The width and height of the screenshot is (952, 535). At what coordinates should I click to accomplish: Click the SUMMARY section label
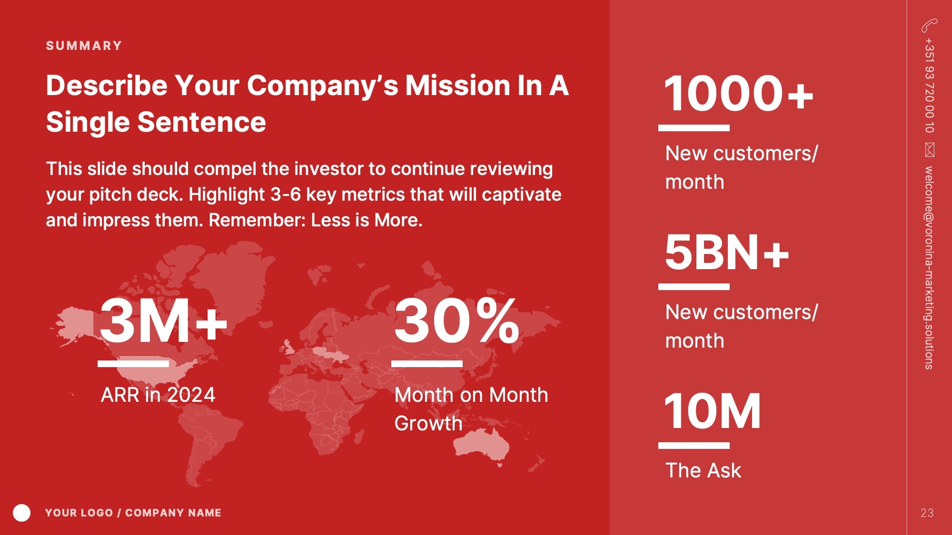tap(84, 46)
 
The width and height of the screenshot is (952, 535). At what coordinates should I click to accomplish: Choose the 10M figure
tap(713, 411)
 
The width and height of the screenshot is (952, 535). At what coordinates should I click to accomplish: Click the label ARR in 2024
tap(158, 395)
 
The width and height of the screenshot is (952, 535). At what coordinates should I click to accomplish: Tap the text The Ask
tap(703, 470)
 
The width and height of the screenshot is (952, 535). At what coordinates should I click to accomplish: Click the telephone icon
tap(929, 25)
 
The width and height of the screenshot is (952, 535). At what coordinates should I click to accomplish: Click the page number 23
tap(927, 513)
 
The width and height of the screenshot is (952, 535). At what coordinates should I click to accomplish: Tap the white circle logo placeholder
tap(21, 513)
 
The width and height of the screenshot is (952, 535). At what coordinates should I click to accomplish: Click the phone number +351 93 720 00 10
tap(930, 86)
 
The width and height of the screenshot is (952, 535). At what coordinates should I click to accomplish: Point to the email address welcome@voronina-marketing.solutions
tap(930, 267)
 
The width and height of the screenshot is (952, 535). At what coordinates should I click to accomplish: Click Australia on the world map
tap(481, 445)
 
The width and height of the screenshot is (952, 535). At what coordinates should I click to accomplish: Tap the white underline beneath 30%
tap(427, 364)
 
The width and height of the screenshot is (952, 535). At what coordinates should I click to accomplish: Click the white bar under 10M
tap(694, 446)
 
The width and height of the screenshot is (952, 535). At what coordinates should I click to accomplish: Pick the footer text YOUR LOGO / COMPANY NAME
tap(133, 513)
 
